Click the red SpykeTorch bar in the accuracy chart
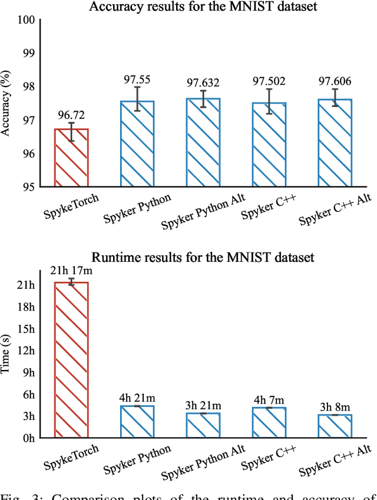(x=71, y=158)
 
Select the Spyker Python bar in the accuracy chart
(x=137, y=144)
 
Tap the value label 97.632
(x=203, y=82)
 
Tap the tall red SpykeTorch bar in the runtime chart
(x=71, y=359)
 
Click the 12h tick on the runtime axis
(x=28, y=351)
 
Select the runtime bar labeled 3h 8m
(x=335, y=426)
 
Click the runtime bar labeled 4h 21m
(x=137, y=422)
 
